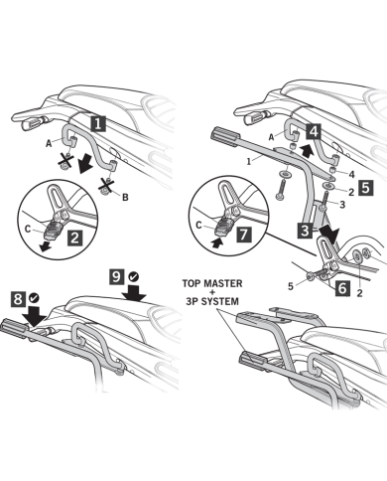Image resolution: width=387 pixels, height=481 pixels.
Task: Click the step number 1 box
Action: [x=98, y=123]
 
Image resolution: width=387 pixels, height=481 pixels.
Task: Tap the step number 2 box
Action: [x=75, y=238]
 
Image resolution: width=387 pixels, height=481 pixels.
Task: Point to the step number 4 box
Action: [x=314, y=131]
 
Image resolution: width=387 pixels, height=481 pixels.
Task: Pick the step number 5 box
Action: [x=365, y=188]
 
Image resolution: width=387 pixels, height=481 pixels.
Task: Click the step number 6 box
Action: [x=342, y=288]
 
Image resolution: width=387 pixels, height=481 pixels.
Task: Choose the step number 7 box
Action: [x=243, y=235]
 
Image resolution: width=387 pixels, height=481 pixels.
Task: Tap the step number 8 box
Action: [x=18, y=298]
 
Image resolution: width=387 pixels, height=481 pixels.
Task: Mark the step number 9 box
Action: [x=117, y=276]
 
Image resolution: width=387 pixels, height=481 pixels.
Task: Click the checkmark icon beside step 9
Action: [x=134, y=276]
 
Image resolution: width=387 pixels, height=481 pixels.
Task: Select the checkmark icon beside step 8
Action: [x=34, y=298]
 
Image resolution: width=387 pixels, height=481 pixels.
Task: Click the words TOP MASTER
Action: [x=212, y=283]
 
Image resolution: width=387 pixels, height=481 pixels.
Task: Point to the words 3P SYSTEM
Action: [x=212, y=302]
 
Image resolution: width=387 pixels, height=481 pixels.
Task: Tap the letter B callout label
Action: [x=125, y=198]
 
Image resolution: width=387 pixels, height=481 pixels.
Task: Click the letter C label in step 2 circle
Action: [x=28, y=229]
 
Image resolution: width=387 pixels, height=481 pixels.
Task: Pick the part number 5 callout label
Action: [x=291, y=286]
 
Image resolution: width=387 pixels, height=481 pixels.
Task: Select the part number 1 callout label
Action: [x=248, y=162]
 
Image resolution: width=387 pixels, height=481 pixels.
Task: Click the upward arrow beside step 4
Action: [x=307, y=151]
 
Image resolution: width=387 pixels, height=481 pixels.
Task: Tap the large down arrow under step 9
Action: [x=134, y=293]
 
